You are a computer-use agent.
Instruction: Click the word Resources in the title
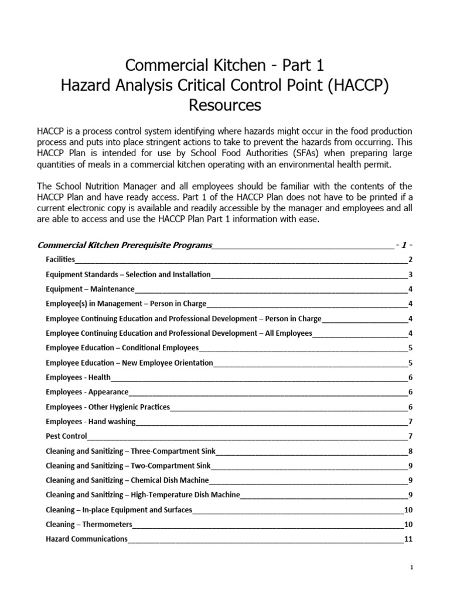click(x=224, y=105)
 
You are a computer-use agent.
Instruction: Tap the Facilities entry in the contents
click(x=60, y=260)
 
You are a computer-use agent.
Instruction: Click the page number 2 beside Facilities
click(x=411, y=260)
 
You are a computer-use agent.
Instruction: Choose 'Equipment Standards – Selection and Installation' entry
click(x=128, y=274)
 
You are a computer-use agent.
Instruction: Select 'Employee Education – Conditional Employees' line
click(x=122, y=347)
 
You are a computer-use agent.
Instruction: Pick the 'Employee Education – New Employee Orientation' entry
click(x=129, y=363)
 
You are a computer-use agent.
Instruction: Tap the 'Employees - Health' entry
click(x=79, y=377)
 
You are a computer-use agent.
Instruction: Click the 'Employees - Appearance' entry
click(x=87, y=392)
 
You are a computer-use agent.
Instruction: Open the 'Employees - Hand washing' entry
click(x=91, y=421)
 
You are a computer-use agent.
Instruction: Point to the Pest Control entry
click(x=66, y=436)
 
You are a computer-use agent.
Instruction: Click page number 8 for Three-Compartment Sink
click(x=411, y=450)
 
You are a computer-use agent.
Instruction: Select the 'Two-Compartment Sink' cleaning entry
click(x=128, y=466)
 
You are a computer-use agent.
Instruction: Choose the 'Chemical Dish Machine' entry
click(x=127, y=480)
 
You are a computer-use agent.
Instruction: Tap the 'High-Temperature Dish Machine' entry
click(x=143, y=495)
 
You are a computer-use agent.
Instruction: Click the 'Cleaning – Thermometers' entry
click(x=89, y=524)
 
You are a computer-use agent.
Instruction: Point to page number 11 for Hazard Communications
click(x=408, y=539)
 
